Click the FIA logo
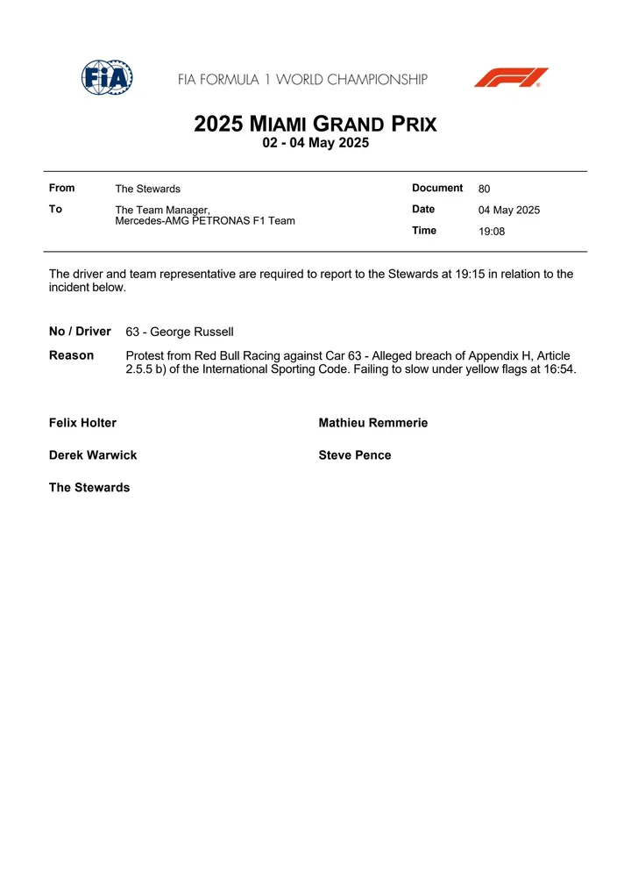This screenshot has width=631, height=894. tap(107, 78)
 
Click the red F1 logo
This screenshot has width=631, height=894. tap(511, 78)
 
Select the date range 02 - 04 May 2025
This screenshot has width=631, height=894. tap(315, 143)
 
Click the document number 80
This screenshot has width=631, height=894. tap(485, 189)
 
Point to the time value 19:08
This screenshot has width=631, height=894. tap(492, 232)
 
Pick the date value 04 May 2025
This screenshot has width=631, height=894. tap(509, 211)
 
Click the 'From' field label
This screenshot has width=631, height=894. tap(62, 188)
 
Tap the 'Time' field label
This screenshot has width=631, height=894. tap(424, 231)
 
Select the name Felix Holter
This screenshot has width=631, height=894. tap(82, 423)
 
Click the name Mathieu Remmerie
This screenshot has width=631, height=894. tap(373, 423)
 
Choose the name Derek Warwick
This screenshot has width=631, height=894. tap(93, 455)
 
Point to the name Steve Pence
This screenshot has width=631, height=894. tap(355, 455)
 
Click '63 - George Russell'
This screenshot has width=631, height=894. tap(180, 333)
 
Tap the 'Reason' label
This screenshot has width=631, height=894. tap(71, 355)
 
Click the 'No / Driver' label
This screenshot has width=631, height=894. tap(80, 332)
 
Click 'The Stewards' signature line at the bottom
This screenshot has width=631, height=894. tap(89, 488)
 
